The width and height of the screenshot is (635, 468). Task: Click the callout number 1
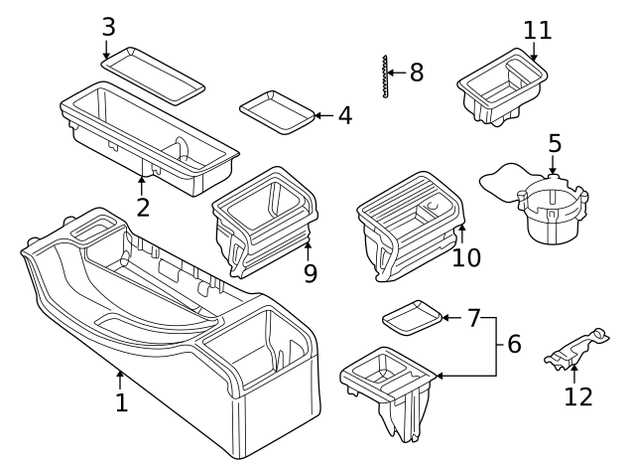[121, 402]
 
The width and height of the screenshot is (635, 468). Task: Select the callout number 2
[143, 208]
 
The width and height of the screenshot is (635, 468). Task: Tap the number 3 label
[108, 27]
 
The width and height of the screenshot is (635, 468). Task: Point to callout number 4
[345, 115]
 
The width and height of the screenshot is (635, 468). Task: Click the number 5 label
[555, 143]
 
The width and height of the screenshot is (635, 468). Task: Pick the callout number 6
[514, 344]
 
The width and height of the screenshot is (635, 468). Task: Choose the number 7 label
[474, 318]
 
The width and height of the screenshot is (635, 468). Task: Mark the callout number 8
[417, 73]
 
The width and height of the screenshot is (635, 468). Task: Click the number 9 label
[311, 273]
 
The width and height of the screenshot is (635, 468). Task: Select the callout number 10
[466, 257]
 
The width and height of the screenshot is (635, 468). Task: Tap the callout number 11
[538, 31]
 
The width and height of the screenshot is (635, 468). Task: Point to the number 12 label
[578, 396]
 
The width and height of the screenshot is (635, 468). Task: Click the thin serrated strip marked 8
[384, 76]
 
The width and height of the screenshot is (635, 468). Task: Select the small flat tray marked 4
[277, 112]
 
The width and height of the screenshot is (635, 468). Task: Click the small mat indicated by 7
[412, 318]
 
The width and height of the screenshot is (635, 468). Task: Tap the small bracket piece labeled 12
[575, 351]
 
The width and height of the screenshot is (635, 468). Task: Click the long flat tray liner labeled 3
[153, 76]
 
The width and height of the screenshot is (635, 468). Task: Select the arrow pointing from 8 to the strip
[397, 73]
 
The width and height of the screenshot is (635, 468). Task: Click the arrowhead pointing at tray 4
[317, 115]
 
